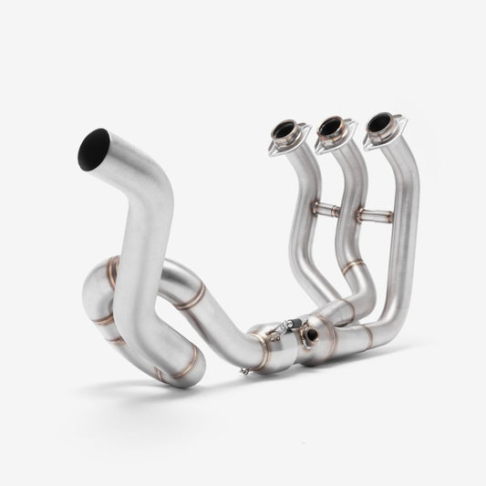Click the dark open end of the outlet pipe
coord(93,145)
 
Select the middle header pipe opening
coord(330,127)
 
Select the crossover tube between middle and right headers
coord(373,216)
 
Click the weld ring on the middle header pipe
coord(355,265)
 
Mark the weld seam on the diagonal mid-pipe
coord(191,297)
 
